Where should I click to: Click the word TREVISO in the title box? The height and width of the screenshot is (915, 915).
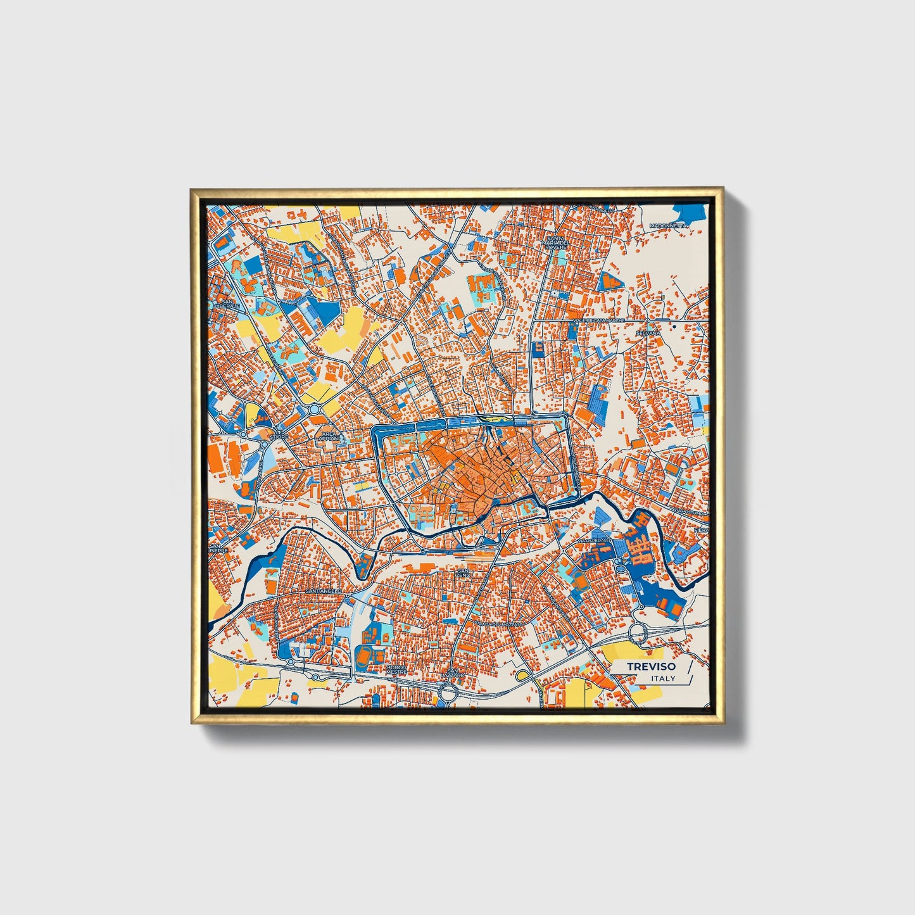tap(651, 666)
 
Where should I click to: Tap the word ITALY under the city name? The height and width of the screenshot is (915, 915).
tap(663, 678)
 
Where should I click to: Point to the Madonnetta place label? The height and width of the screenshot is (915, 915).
tap(668, 225)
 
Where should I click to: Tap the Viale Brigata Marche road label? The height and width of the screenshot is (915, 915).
tap(598, 321)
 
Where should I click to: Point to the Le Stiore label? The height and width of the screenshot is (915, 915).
tap(279, 434)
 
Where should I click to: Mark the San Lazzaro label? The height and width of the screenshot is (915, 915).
tap(452, 673)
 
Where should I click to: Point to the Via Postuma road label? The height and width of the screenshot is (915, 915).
tap(689, 510)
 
